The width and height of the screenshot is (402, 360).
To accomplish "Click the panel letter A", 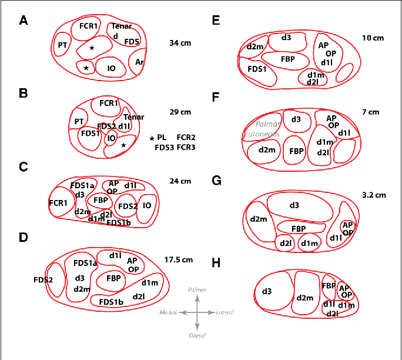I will point(24,21).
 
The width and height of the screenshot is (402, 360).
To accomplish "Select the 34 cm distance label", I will point(180,43).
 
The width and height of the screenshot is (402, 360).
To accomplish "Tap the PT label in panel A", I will point(62,46).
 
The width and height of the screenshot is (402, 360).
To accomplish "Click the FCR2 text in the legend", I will point(186,137).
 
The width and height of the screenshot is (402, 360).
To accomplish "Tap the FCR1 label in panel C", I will point(58,203).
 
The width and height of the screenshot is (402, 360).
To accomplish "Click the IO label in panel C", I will point(147,205).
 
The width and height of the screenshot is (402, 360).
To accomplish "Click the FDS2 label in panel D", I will point(43,279).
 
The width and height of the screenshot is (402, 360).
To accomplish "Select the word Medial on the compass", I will point(169,312).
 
